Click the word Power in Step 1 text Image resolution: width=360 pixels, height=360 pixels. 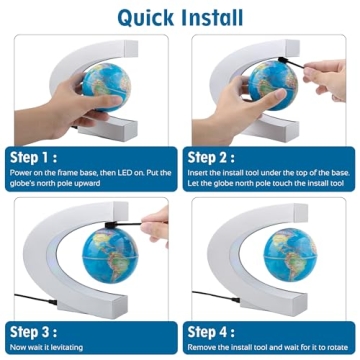coord(21,173)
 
